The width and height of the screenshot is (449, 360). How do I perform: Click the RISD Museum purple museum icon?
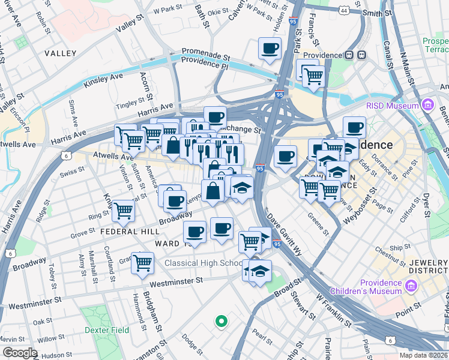point(427,106)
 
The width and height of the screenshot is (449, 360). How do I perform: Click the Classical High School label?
point(203,263)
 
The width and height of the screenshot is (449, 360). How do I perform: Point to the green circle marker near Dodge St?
point(221,321)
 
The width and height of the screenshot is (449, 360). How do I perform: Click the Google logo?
point(19,353)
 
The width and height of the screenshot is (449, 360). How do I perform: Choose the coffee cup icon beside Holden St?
point(270,47)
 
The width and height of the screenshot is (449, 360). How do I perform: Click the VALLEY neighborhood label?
point(61,53)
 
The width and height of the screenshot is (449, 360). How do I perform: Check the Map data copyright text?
point(423,355)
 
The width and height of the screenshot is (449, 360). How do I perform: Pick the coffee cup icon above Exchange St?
point(214,116)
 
